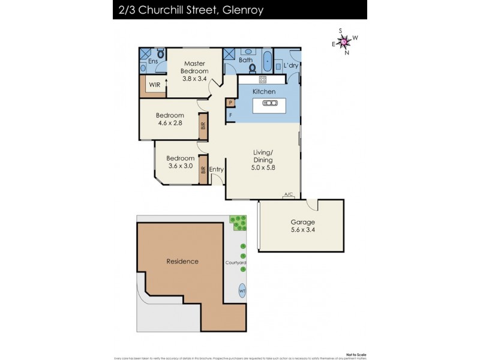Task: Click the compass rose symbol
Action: click(x=344, y=41)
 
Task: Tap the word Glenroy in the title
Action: click(x=241, y=10)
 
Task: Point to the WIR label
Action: click(x=154, y=85)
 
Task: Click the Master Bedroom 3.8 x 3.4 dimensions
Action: click(x=195, y=79)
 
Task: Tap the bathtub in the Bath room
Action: click(x=267, y=62)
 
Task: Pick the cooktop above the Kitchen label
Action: click(x=262, y=79)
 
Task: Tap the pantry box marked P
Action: click(x=230, y=103)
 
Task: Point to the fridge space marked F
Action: click(x=230, y=115)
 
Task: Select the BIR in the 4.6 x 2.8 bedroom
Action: click(x=203, y=125)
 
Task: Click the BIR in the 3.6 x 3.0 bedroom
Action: click(x=203, y=170)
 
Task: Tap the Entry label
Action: click(x=216, y=170)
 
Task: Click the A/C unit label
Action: click(x=289, y=194)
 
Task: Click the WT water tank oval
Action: click(x=242, y=291)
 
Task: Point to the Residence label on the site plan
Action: click(x=182, y=261)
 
